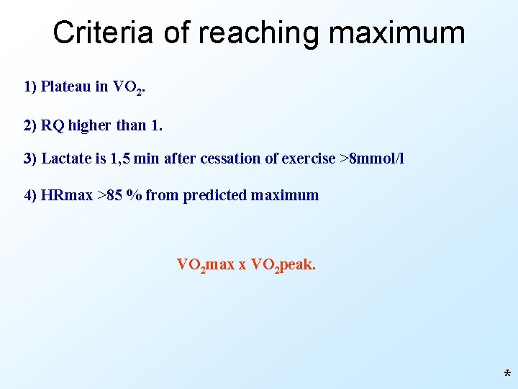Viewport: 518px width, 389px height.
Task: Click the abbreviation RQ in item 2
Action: tap(53, 125)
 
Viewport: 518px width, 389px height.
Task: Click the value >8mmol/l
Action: tap(371, 158)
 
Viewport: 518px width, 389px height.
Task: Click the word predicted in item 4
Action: tap(215, 195)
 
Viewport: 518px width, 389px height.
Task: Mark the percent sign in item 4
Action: tap(133, 195)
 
